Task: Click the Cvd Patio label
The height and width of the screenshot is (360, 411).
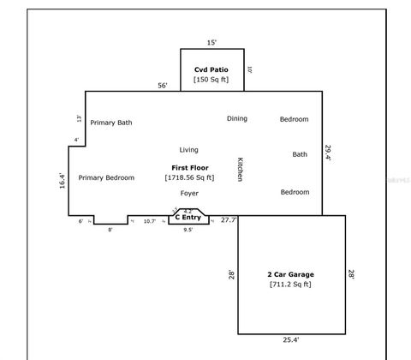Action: (211, 69)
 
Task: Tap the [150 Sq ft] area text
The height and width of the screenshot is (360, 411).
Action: (211, 79)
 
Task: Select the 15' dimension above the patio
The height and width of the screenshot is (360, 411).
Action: (211, 42)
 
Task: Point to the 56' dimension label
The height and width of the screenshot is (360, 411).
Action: (162, 86)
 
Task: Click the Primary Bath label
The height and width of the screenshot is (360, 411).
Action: (111, 123)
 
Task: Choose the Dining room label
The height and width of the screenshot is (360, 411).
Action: (237, 118)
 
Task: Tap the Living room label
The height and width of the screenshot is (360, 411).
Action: (188, 149)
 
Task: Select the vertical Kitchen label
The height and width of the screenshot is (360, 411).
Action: (240, 169)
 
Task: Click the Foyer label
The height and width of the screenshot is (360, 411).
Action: (189, 194)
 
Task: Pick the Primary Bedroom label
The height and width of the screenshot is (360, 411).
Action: (106, 177)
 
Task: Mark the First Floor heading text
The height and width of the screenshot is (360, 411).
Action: (189, 167)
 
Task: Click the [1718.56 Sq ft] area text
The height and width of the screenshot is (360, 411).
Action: (189, 177)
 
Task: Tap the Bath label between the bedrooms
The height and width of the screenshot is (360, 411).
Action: (300, 154)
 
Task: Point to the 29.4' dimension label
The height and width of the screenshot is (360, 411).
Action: (328, 153)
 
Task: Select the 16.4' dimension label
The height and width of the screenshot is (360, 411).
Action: (62, 182)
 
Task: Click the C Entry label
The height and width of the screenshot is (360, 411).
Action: (188, 218)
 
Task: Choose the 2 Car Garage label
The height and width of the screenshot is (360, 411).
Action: (290, 274)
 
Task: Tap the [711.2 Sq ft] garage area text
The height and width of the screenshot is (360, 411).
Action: (290, 284)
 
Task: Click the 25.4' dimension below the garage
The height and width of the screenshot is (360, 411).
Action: (291, 340)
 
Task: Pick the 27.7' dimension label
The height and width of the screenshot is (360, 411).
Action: (229, 220)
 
